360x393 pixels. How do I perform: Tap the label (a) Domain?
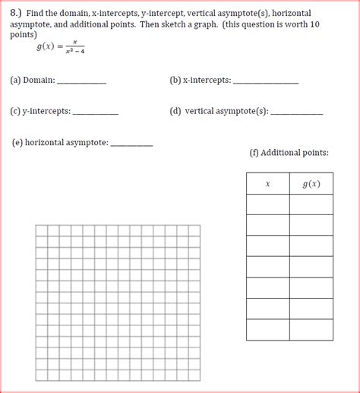pyautogui.click(x=33, y=79)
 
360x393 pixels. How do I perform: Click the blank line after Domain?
pyautogui.click(x=81, y=81)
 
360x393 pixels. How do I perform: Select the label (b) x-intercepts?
pyautogui.click(x=201, y=79)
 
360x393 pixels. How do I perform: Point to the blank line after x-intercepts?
pyautogui.click(x=265, y=81)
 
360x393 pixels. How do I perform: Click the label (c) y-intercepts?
pyautogui.click(x=40, y=111)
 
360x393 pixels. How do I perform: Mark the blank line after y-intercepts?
pyautogui.click(x=95, y=113)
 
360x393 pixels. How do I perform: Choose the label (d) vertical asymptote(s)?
pyautogui.click(x=219, y=111)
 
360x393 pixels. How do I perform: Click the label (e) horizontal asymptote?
pyautogui.click(x=61, y=142)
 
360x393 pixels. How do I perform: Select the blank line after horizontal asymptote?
pyautogui.click(x=131, y=144)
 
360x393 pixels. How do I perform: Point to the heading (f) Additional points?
pyautogui.click(x=289, y=153)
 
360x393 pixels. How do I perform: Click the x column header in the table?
pyautogui.click(x=267, y=184)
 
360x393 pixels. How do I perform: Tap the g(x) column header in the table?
pyautogui.click(x=311, y=184)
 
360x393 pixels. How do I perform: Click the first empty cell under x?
pyautogui.click(x=267, y=204)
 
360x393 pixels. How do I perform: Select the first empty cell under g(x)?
pyautogui.click(x=311, y=204)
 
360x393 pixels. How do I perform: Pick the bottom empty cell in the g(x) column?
pyautogui.click(x=311, y=329)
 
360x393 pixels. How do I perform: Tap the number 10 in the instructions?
pyautogui.click(x=315, y=24)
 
